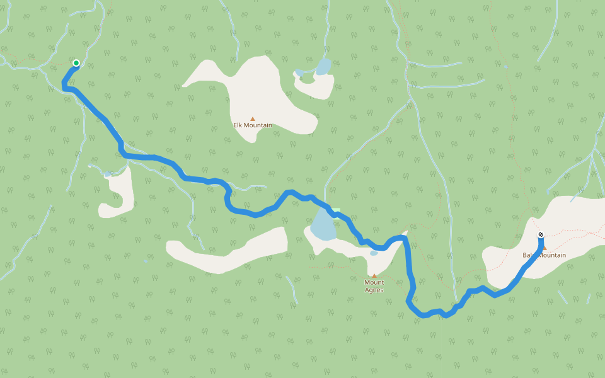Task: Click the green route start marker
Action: point(76,63)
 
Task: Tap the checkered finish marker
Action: point(541,235)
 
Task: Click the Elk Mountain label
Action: point(253,125)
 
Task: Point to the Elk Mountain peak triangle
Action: point(253,118)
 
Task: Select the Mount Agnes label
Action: point(374,286)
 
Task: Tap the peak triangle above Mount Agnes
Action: point(374,275)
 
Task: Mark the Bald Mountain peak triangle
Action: point(544,248)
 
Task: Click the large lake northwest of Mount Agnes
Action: point(323,225)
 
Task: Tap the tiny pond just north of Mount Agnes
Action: point(374,253)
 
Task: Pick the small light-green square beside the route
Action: point(336,210)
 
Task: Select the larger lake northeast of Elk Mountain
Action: point(323,66)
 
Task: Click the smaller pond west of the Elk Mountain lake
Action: point(299,72)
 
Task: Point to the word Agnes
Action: point(374,290)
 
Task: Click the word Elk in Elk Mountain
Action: point(238,125)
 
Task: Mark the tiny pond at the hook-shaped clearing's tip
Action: point(108,173)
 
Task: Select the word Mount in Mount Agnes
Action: point(374,282)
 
